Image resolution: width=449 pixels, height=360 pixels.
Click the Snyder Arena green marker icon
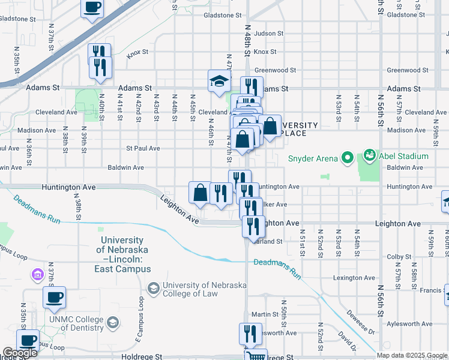point(347,158)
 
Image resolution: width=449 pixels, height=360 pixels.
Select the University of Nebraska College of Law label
point(204,290)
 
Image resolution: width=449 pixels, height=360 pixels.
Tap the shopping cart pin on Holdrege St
point(257,355)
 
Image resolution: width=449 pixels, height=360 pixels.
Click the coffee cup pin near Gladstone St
point(92,8)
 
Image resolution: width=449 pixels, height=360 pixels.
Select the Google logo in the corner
point(20,353)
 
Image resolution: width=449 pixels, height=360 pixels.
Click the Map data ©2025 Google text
point(411,355)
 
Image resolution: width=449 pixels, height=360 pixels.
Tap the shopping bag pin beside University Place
point(270,127)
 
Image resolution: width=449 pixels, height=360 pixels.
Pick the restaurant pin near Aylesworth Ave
point(250,334)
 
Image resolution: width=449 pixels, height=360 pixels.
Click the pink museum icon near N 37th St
point(37,275)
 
